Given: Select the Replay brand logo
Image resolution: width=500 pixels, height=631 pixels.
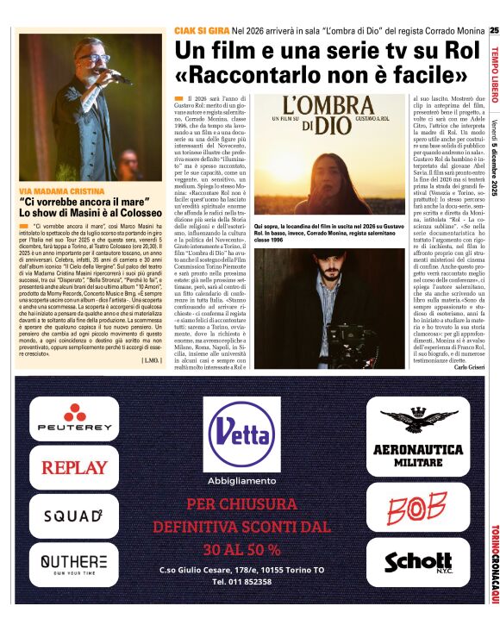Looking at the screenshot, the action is click(x=73, y=468).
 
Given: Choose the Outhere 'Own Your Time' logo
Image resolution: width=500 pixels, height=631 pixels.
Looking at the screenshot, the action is click(x=73, y=564).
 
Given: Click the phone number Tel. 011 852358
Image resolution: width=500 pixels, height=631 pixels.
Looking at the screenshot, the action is click(x=241, y=582).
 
